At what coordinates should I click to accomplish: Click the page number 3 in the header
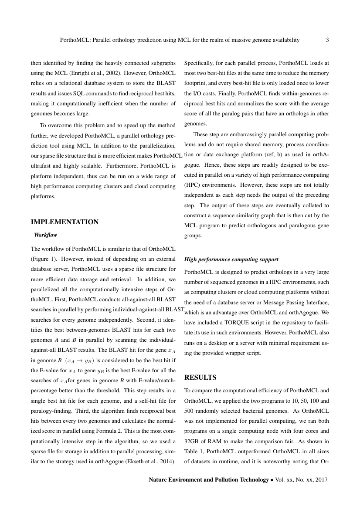click(x=327, y=40)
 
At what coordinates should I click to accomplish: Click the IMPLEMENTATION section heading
click(x=65, y=222)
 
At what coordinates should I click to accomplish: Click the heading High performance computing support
click(x=231, y=260)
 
